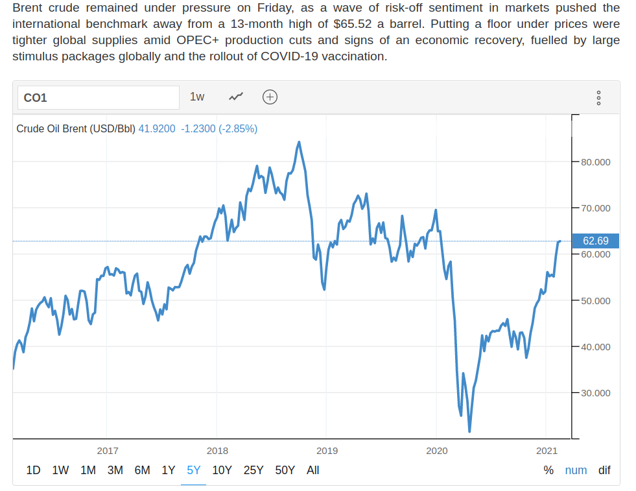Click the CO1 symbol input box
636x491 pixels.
[97, 98]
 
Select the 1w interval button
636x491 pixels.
[197, 97]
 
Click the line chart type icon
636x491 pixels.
[236, 97]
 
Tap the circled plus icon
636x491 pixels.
[270, 97]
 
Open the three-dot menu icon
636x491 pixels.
[598, 98]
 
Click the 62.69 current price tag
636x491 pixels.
[595, 241]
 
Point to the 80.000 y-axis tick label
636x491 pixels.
[595, 162]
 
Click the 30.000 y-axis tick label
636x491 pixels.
[595, 393]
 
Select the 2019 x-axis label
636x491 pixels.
[327, 451]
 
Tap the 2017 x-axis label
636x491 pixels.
[107, 451]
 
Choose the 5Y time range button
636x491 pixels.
[194, 470]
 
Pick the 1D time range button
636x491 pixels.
[33, 470]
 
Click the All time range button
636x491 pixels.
[312, 470]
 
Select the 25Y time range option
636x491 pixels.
[253, 470]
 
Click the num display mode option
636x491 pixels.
[576, 470]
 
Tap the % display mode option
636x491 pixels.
[548, 470]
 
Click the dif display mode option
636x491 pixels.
[604, 470]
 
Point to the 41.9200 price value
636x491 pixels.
[157, 128]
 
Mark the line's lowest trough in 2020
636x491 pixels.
[469, 431]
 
